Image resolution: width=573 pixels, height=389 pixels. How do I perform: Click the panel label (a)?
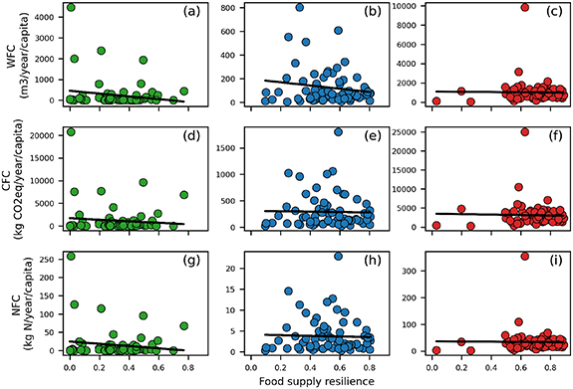pyautogui.click(x=183, y=14)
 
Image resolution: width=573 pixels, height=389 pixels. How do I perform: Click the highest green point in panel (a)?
pyautogui.click(x=70, y=8)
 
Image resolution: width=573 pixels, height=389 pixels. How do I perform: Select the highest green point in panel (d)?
pyautogui.click(x=70, y=131)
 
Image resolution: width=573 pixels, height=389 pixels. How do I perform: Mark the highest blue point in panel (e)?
pyautogui.click(x=339, y=131)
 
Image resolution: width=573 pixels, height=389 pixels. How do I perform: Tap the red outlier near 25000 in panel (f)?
pyautogui.click(x=496, y=131)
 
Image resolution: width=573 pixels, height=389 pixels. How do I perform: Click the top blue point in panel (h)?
pyautogui.click(x=339, y=256)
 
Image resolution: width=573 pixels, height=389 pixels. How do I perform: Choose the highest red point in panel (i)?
pyautogui.click(x=496, y=256)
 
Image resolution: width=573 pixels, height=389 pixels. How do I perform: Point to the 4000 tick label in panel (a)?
pyautogui.click(x=46, y=16)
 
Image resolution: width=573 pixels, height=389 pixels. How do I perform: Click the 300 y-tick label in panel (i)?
pyautogui.click(x=419, y=270)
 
